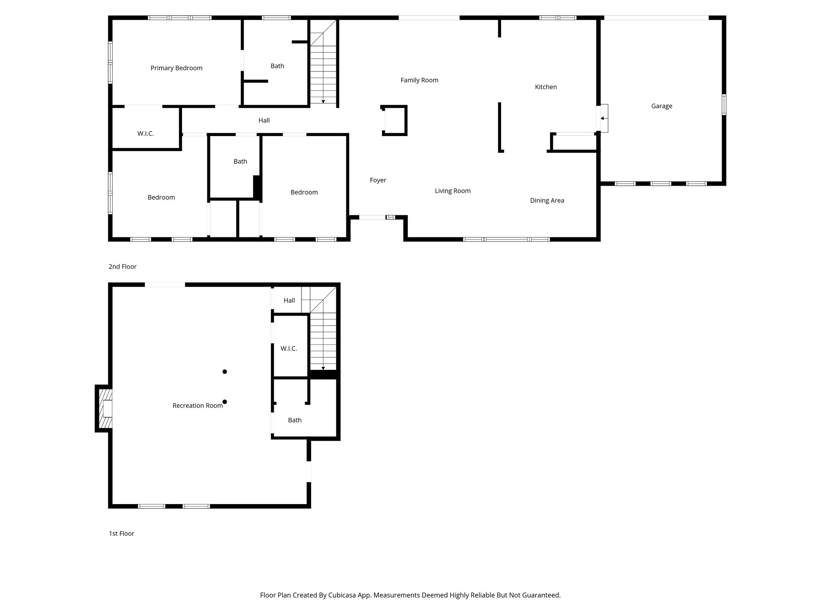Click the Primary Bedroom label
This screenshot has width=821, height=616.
[x=176, y=68]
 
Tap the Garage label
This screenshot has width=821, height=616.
[x=661, y=106]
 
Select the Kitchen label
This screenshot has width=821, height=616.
[x=546, y=87]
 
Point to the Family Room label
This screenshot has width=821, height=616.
[x=419, y=80]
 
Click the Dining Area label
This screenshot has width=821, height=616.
[x=547, y=201]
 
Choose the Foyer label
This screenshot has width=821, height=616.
[x=378, y=180]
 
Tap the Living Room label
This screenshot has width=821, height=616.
[x=453, y=191]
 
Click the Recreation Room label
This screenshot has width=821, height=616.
[x=197, y=406]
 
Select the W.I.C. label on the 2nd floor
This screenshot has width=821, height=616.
[x=146, y=134]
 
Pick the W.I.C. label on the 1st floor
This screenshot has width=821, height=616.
[x=289, y=349]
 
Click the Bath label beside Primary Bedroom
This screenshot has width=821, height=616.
[x=277, y=66]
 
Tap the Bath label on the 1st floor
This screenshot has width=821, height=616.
[x=295, y=420]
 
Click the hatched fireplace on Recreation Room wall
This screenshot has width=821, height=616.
[x=103, y=409]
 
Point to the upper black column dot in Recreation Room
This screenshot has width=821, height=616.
[x=225, y=372]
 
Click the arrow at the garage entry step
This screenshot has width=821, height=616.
[x=603, y=118]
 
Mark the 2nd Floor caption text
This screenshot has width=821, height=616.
[x=122, y=267]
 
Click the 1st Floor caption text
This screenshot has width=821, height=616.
[x=121, y=533]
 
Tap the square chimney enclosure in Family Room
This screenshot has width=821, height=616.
[x=394, y=120]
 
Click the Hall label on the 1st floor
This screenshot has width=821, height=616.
[x=289, y=300]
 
